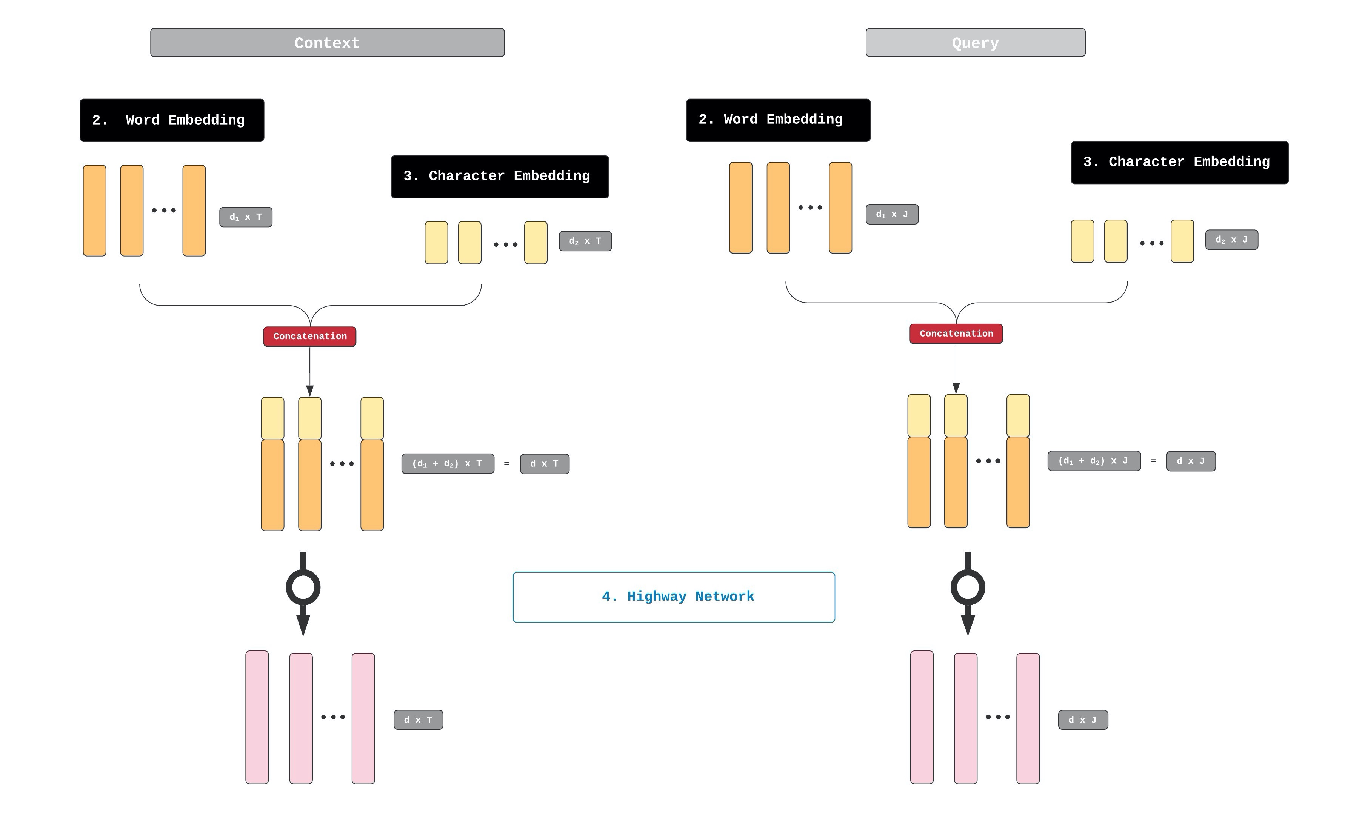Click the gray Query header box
(x=975, y=43)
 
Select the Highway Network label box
(x=674, y=597)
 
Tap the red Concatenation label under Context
(x=310, y=337)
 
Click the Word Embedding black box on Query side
(x=778, y=120)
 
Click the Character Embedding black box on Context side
(x=500, y=177)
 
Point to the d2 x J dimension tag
(x=1231, y=240)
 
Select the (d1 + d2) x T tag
(x=448, y=463)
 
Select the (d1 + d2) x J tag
(x=1094, y=461)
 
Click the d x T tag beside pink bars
(x=418, y=720)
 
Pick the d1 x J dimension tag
(x=891, y=214)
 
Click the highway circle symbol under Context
(x=303, y=587)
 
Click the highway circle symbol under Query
(x=967, y=587)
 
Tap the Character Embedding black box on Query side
(x=1179, y=162)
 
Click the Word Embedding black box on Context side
(x=172, y=120)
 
